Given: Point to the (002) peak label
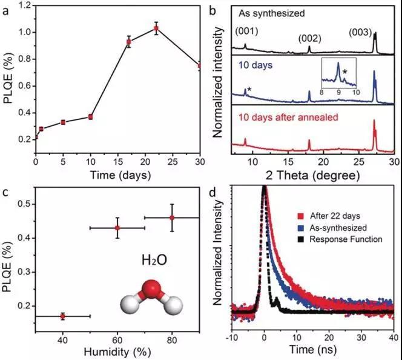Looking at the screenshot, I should click(x=309, y=38).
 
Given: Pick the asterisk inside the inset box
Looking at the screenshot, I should click(x=345, y=72).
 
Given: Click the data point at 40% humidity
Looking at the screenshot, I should click(x=63, y=316).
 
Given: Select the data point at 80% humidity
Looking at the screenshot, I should click(x=172, y=218).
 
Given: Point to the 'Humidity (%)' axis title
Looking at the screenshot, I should click(x=115, y=350).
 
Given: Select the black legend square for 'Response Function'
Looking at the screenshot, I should click(x=298, y=239).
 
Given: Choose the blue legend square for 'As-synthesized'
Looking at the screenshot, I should click(x=298, y=227).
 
